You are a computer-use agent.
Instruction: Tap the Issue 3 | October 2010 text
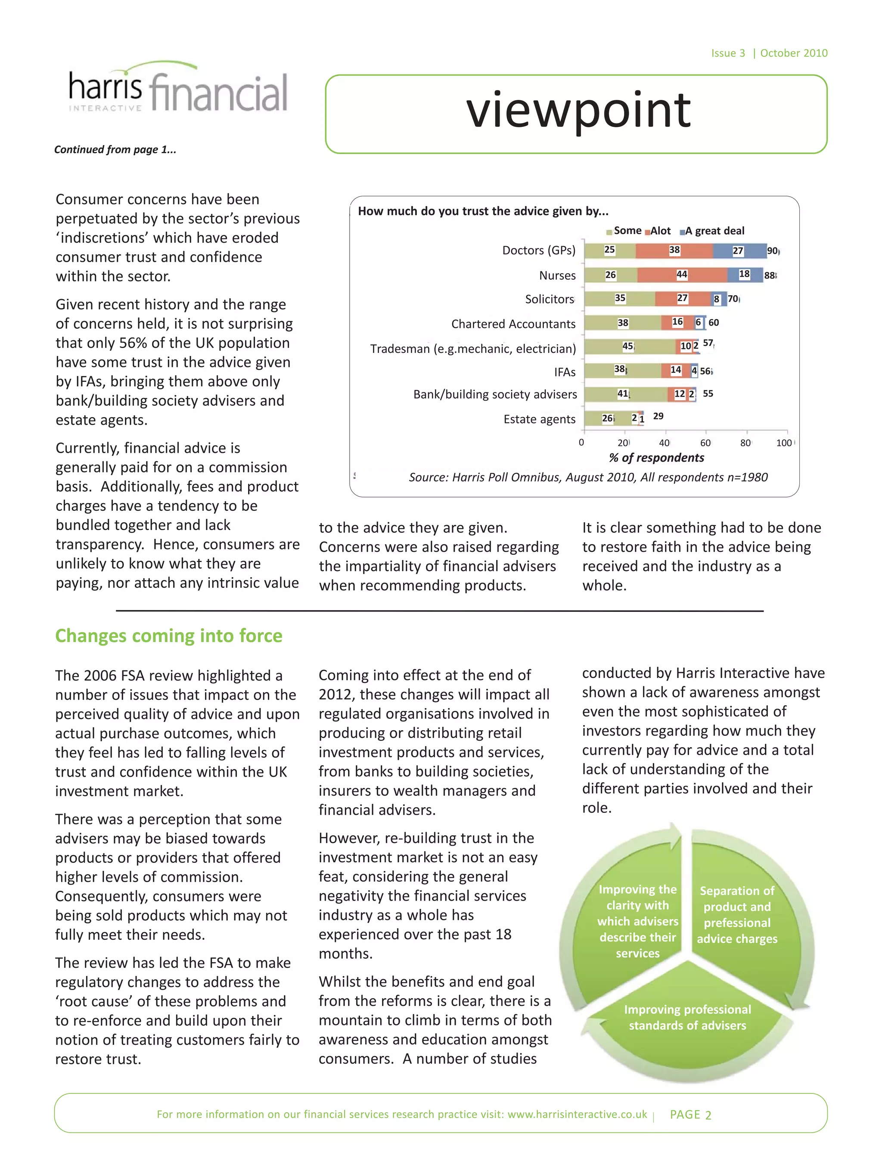(768, 53)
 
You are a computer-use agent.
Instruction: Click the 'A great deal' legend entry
(713, 231)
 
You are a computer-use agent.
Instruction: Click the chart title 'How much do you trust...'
(483, 211)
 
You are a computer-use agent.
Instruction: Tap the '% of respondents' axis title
(656, 458)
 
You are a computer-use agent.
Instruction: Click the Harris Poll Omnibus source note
(588, 477)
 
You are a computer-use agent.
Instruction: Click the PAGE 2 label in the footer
(690, 1114)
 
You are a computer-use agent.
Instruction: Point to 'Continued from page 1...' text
(115, 150)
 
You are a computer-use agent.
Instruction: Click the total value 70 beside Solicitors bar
(733, 299)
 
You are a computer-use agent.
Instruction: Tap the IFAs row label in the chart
(564, 372)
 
